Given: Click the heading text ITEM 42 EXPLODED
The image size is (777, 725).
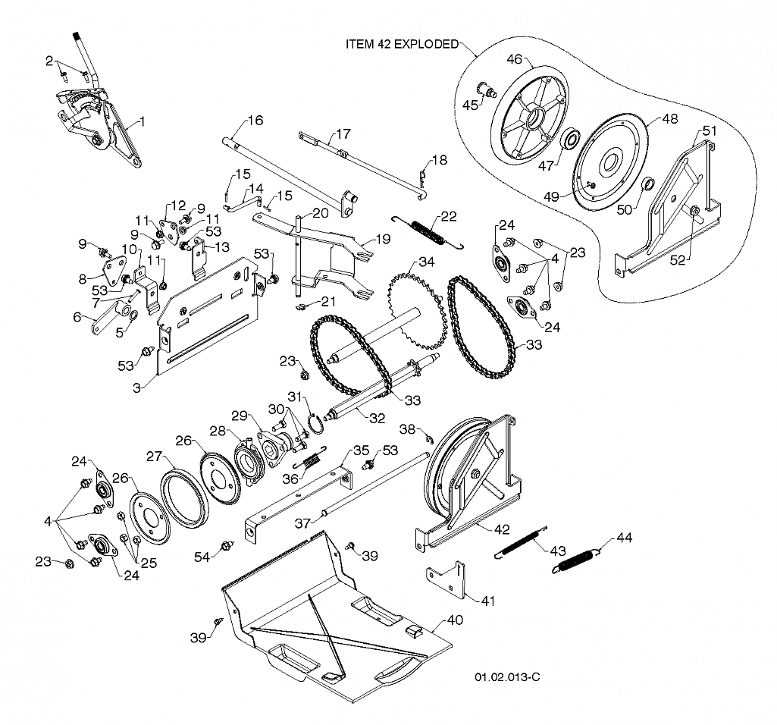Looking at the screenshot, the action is tap(402, 44).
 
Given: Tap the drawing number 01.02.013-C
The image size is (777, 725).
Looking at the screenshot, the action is tap(507, 677).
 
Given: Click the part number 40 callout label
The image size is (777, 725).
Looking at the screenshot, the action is tap(455, 620).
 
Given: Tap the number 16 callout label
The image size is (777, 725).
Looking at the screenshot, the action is tap(255, 121).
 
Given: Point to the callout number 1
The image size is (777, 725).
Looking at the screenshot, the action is tap(143, 121).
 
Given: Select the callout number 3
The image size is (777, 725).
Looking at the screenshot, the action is tap(137, 388).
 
